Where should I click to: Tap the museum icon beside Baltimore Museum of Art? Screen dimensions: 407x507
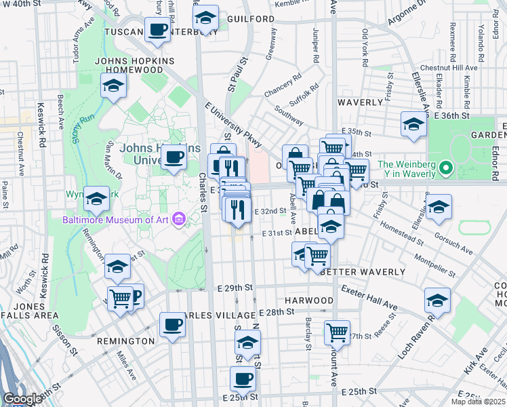coord(178,218)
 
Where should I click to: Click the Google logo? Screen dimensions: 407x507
coord(22,398)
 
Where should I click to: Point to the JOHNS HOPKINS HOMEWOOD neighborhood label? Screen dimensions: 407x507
coord(135,66)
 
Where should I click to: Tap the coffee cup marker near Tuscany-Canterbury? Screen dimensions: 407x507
coord(158,31)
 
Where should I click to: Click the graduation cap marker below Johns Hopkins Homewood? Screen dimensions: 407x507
coord(114,86)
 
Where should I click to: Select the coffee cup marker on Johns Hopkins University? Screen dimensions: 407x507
coord(174,158)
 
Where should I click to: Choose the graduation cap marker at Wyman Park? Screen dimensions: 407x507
coord(96,199)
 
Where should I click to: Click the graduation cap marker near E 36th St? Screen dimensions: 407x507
coord(413,124)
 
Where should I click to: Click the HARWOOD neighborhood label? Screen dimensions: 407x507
coord(309,300)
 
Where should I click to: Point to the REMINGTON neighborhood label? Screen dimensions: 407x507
coord(125,341)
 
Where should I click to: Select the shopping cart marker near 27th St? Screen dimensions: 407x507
coord(337,332)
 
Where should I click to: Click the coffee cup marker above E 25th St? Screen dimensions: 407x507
coord(243,379)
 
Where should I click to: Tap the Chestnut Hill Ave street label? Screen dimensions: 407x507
coord(449,68)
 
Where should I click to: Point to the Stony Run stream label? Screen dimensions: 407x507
coord(81,128)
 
